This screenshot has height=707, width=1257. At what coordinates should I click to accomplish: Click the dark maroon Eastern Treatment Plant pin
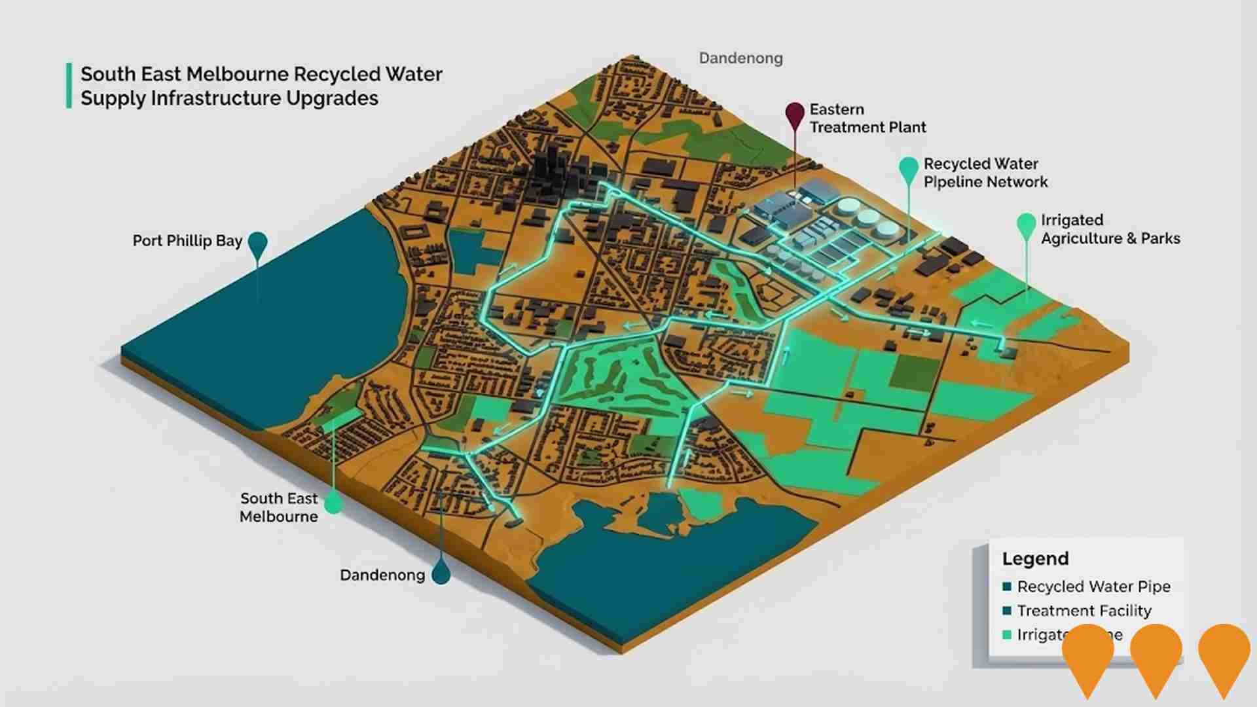coord(795,115)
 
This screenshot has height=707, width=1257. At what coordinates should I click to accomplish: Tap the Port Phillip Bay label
coord(187,241)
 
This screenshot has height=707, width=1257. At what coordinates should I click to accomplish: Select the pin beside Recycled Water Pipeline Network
coord(909,170)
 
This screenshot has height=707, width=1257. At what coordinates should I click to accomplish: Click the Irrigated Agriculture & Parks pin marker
coord(1026,225)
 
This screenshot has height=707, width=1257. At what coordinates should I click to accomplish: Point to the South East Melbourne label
coord(279,507)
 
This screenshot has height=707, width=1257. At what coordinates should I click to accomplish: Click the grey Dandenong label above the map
coord(740,58)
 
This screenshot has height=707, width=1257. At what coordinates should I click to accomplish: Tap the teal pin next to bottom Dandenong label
coord(441,573)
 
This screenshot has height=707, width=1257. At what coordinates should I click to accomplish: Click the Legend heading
coord(1035,558)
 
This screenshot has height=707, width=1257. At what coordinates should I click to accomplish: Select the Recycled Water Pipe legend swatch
coord(1007,587)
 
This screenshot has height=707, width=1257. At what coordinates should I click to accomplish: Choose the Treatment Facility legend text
coord(1084,611)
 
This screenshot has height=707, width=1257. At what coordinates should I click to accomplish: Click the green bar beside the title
coord(69,86)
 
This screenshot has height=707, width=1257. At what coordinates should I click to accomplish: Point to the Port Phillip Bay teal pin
coord(258,244)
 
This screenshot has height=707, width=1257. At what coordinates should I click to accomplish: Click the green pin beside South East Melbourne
coord(334,503)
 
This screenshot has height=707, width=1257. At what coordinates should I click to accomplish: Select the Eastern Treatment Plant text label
coord(867,118)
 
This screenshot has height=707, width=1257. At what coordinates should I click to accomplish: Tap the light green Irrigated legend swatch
coord(1007,634)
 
